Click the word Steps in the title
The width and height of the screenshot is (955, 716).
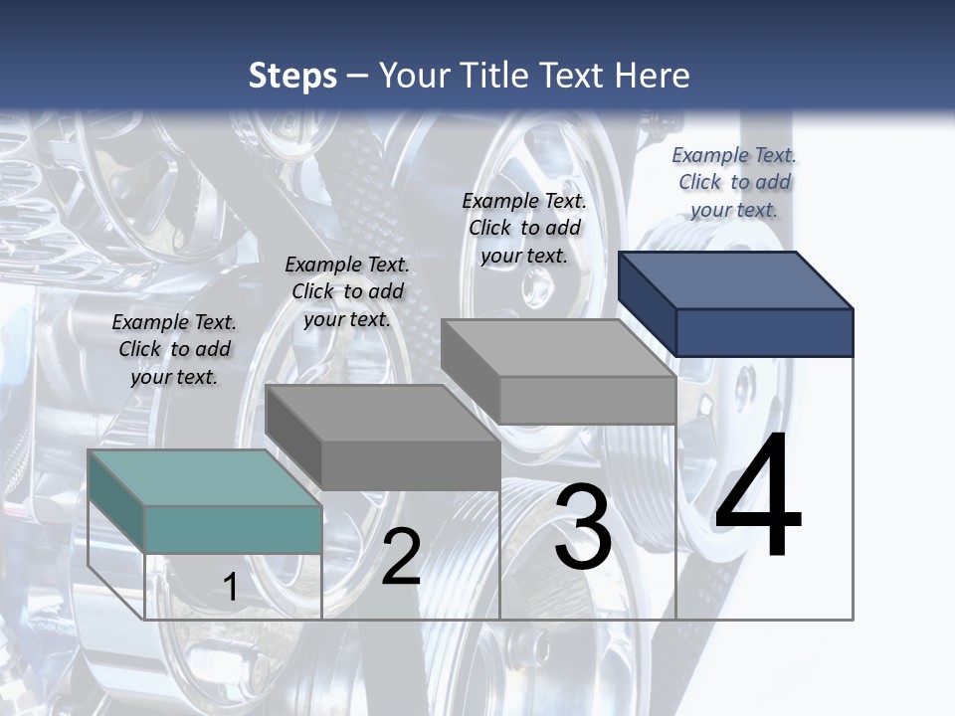(x=292, y=76)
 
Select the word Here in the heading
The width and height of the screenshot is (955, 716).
(x=653, y=76)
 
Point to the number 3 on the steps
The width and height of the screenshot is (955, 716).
(x=583, y=527)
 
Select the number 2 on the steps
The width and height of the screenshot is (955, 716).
(x=401, y=557)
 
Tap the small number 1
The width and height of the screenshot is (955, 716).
(x=230, y=587)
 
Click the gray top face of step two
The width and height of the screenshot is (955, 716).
(x=383, y=413)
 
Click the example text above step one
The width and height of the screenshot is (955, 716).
(x=174, y=350)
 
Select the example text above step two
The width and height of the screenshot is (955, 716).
(x=347, y=292)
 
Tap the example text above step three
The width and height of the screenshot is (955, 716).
(x=524, y=229)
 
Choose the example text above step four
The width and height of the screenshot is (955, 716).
(x=734, y=182)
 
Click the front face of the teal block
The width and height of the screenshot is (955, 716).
(x=233, y=529)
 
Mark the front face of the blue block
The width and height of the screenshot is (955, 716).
(x=764, y=332)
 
